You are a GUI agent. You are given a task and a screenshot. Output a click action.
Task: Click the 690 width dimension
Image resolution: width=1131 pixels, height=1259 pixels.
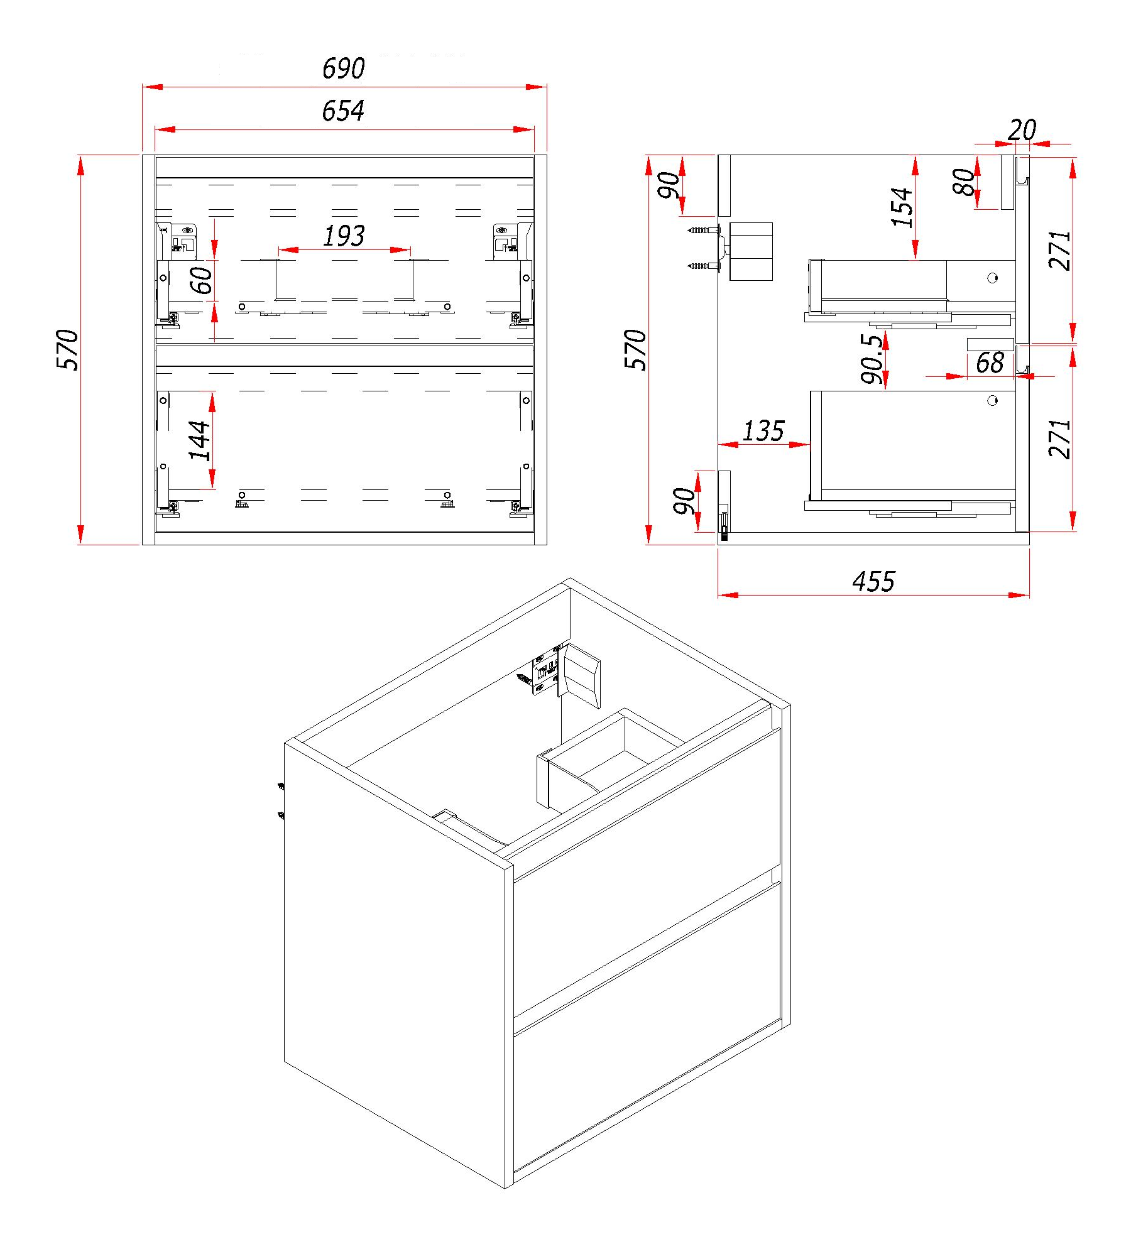(343, 68)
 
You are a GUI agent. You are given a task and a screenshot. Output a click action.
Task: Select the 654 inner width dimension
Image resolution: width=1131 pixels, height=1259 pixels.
(343, 111)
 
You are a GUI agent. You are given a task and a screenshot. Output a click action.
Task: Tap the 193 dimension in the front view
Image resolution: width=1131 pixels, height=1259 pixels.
(344, 236)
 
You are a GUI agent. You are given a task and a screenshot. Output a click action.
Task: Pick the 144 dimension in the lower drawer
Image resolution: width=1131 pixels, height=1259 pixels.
(199, 440)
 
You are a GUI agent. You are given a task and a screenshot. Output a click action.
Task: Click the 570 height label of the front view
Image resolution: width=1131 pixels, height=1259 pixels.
(67, 350)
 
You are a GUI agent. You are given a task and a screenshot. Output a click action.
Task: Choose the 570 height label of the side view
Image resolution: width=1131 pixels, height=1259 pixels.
(635, 350)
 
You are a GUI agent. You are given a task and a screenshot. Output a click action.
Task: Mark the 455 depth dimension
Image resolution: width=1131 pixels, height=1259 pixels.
(873, 582)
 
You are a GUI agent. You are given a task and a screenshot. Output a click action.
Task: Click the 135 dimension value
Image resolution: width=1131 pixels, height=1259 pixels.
(763, 431)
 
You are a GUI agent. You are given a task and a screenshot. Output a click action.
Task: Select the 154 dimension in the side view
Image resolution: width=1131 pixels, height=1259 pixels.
(902, 207)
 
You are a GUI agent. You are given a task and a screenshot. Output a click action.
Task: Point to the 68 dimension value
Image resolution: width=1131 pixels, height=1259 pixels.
(990, 363)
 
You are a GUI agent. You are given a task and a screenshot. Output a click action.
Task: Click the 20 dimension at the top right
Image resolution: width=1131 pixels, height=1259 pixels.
(1022, 131)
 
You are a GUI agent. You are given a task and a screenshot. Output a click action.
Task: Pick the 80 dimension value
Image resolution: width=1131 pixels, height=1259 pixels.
(964, 182)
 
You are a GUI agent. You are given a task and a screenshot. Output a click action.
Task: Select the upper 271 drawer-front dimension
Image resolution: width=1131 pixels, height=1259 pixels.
(1059, 250)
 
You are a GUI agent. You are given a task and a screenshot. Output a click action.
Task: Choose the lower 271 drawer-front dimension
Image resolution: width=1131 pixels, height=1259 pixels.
(1059, 439)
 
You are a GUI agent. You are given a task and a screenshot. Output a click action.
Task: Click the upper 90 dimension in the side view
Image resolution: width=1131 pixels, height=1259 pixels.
(669, 185)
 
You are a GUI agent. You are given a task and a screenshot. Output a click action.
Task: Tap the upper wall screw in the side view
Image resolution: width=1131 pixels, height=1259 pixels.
(702, 231)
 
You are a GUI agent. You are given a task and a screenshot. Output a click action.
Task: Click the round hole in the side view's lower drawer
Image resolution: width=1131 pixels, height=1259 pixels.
(992, 400)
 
